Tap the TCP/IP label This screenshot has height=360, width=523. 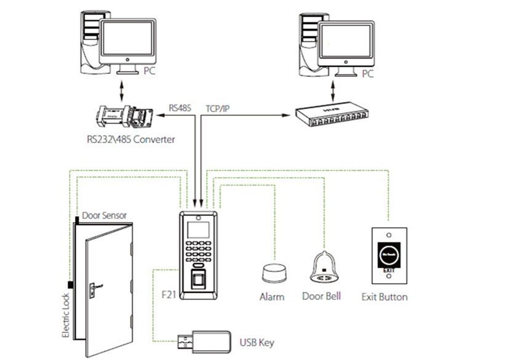218,107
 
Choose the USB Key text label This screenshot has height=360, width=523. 256,342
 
